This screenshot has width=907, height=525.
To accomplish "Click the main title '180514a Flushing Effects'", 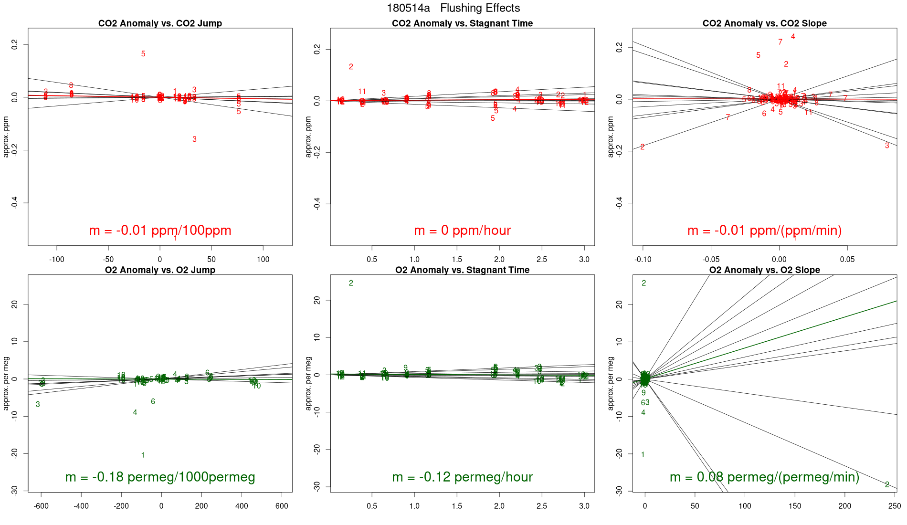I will [x=453, y=8].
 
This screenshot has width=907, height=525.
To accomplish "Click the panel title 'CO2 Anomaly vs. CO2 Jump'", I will [x=160, y=23].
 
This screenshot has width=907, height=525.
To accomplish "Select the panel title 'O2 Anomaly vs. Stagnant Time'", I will [x=462, y=270].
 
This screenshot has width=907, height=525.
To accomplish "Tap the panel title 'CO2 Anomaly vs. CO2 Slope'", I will [x=764, y=23].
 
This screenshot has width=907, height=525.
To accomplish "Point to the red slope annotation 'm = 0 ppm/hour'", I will [x=462, y=231].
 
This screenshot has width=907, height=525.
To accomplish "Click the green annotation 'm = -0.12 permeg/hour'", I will [x=462, y=477].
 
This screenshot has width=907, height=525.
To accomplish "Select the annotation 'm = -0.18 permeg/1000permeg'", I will [x=160, y=477].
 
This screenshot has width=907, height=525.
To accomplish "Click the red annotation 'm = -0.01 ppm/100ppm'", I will [x=160, y=231].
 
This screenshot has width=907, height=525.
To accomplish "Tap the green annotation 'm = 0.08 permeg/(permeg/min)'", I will [x=764, y=477].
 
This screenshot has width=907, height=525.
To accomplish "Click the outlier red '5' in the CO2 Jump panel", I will [x=143, y=54].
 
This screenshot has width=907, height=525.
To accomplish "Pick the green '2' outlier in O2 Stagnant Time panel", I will [x=351, y=283].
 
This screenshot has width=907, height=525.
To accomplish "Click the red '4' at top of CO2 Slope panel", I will [x=793, y=37].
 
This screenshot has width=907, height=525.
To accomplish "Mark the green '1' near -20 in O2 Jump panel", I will [x=143, y=455].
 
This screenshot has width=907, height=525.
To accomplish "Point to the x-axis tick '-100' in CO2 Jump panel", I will [x=57, y=260].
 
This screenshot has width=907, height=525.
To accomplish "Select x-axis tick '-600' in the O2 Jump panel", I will [x=41, y=506].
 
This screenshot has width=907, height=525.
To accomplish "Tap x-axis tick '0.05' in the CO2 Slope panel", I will [x=847, y=260].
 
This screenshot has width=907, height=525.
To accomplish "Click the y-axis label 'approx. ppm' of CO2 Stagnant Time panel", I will [x=308, y=136].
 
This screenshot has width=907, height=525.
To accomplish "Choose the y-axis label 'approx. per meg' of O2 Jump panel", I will [x=6, y=383].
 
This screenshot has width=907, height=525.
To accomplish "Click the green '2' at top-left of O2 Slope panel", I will [x=643, y=283].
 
